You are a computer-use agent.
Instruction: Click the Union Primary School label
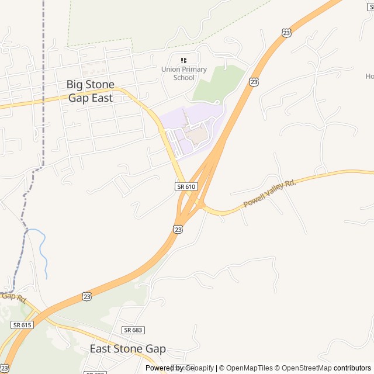(184, 74)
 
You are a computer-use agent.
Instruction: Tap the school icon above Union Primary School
(184, 60)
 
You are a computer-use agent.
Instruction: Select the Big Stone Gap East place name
(91, 91)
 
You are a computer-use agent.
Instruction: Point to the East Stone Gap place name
(127, 349)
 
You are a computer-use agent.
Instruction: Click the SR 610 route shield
(186, 186)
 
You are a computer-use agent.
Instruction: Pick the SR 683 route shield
(133, 330)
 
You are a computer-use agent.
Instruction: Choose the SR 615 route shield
(22, 325)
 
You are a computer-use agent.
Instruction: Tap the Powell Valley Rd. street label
(269, 193)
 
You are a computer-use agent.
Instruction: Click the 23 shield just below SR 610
(178, 230)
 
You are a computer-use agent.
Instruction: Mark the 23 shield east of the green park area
(254, 82)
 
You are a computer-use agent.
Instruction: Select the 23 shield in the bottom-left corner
(5, 367)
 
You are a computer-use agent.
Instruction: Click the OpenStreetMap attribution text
(304, 368)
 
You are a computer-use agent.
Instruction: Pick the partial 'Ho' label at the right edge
(369, 76)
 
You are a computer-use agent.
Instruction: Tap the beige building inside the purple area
(196, 134)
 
